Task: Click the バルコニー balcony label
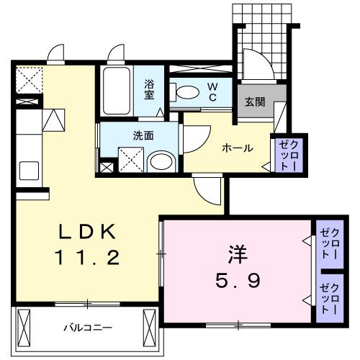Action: [87, 328]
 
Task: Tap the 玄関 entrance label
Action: [254, 102]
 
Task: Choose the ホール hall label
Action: [237, 148]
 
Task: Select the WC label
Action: [213, 91]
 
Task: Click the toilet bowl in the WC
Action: [186, 91]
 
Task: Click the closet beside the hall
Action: [282, 153]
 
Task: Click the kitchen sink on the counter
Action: [29, 171]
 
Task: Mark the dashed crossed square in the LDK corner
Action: [30, 79]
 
